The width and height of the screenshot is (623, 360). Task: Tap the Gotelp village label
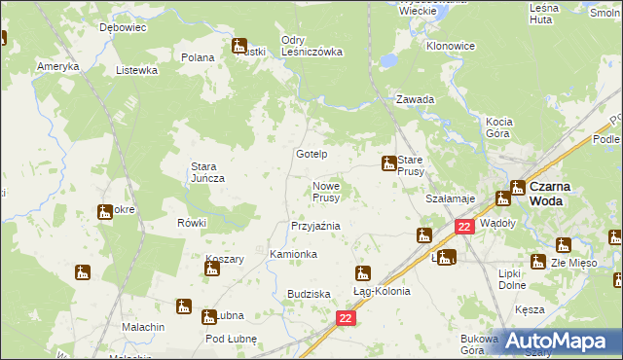tap(311, 155)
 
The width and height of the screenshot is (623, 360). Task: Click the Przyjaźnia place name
tap(315, 226)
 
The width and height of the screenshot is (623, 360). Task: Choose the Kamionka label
tap(293, 254)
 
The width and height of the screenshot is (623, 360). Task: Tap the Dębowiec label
tap(123, 28)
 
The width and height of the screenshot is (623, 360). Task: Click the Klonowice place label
tap(450, 46)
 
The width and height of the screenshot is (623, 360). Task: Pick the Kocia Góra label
tap(497, 126)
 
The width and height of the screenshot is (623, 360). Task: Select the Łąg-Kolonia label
tap(381, 291)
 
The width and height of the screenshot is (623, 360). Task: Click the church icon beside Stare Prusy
tap(388, 162)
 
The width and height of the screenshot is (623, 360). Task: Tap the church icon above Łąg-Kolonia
tap(362, 273)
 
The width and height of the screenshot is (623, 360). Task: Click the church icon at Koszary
tap(211, 268)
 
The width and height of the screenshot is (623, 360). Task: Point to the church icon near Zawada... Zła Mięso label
tap(538, 261)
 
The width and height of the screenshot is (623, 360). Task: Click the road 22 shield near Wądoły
tap(464, 227)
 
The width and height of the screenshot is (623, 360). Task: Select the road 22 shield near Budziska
tap(346, 318)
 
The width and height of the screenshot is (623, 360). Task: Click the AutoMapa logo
tap(555, 340)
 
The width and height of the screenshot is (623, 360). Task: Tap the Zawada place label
tap(415, 99)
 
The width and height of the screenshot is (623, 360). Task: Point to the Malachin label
tap(143, 327)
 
